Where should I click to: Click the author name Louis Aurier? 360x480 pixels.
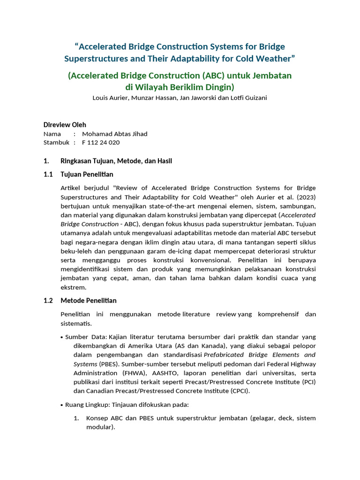[x=110, y=98]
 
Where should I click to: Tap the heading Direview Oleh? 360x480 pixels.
[x=65, y=125]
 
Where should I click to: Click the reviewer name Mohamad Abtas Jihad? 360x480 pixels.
[x=114, y=134]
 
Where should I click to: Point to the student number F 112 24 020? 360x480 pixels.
[x=100, y=142]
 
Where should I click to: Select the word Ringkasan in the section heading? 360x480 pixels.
[x=77, y=161]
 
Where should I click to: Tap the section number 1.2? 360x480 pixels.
[x=49, y=300]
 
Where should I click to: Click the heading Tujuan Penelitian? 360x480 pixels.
[x=87, y=174]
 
